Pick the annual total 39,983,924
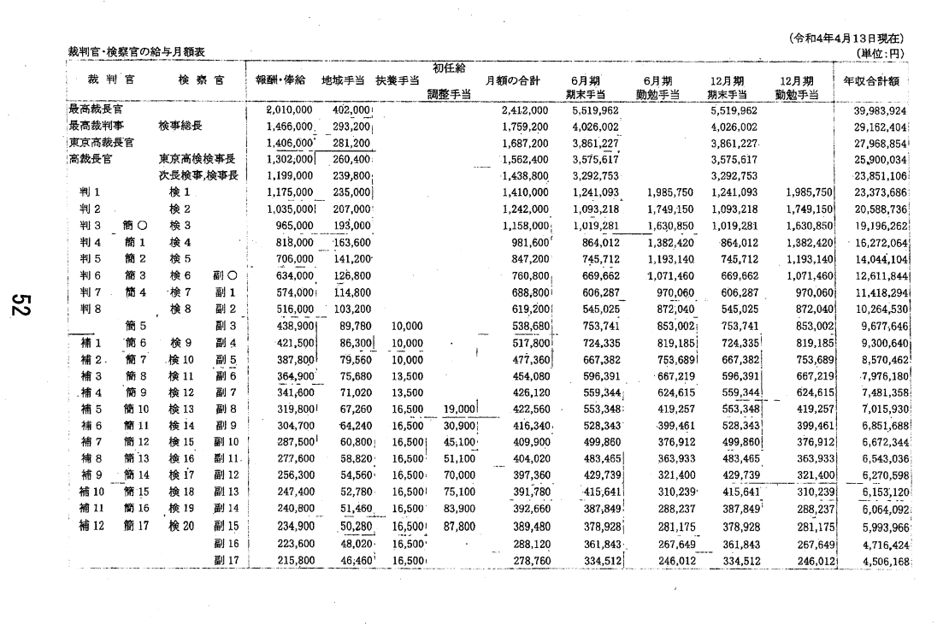coord(877,110)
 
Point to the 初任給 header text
coord(449,68)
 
